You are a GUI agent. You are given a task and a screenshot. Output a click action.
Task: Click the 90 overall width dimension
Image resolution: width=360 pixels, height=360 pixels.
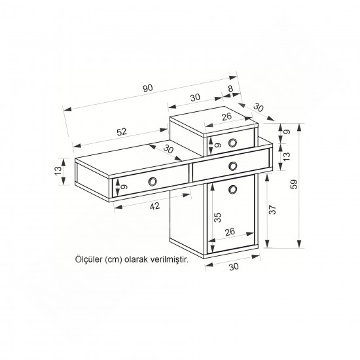pos(147,88)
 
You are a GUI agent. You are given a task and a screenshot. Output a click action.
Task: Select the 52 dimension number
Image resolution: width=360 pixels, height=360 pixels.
pos(122,132)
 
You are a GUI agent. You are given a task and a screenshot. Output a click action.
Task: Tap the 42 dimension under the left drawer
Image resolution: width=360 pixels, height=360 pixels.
pos(154,206)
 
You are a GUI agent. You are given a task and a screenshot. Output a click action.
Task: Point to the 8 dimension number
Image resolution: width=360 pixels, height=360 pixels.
pos(230,88)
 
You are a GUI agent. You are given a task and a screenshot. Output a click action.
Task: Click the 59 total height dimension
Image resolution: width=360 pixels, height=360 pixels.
pos(294,184)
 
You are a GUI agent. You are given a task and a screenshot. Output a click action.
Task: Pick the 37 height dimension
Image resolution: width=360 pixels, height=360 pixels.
pos(272,209)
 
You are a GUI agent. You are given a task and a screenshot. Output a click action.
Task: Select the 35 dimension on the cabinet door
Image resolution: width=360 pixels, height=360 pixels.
pos(217,217)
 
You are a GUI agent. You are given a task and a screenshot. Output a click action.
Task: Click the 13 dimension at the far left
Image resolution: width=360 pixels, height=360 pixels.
pos(58,171)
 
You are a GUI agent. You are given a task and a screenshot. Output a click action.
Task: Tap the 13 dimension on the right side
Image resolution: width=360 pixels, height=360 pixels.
pos(287,156)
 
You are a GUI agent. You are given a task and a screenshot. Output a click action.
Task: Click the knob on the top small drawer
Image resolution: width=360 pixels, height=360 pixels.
pos(232,143)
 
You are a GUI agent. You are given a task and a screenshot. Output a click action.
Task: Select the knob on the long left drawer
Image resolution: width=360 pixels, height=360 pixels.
pos(153,181)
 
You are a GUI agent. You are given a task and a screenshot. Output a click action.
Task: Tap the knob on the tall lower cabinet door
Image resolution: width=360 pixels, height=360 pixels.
pos(233,189)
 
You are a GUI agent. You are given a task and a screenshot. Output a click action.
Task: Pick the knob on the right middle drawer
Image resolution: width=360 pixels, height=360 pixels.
pos(233,166)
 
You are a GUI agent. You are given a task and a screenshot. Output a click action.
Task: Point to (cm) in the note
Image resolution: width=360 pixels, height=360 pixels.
pos(113,260)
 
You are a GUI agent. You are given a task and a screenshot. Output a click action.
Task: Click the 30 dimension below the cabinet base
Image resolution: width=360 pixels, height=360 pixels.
pos(234,266)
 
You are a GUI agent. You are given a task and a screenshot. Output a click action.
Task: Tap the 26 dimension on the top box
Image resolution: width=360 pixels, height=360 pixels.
pos(226,117)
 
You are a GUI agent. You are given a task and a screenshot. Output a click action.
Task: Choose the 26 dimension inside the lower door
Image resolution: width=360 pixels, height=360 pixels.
pos(230,232)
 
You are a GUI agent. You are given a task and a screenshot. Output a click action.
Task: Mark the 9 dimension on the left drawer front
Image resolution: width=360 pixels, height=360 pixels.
pos(124,187)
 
